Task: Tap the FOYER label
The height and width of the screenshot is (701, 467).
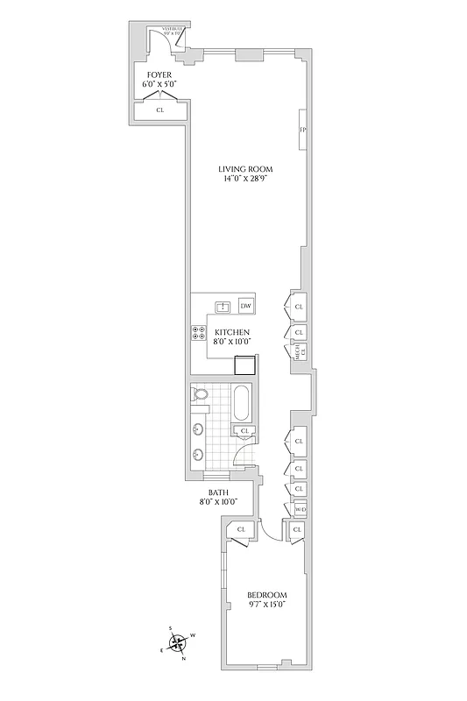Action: point(159,75)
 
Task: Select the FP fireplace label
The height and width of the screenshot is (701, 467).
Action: point(303,131)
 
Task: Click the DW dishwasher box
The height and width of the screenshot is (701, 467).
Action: point(246,306)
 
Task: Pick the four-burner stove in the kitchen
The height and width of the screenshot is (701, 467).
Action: point(199,333)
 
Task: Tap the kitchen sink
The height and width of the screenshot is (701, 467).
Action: point(223,306)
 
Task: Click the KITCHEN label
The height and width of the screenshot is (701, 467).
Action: point(233,332)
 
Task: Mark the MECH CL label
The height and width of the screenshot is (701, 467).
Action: point(299,354)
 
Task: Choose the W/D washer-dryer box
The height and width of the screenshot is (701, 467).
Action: point(300,509)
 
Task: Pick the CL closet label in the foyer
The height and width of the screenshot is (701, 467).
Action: point(160,110)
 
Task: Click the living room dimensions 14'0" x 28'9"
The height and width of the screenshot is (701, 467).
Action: point(246,180)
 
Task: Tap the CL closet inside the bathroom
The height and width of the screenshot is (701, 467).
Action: point(245,431)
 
